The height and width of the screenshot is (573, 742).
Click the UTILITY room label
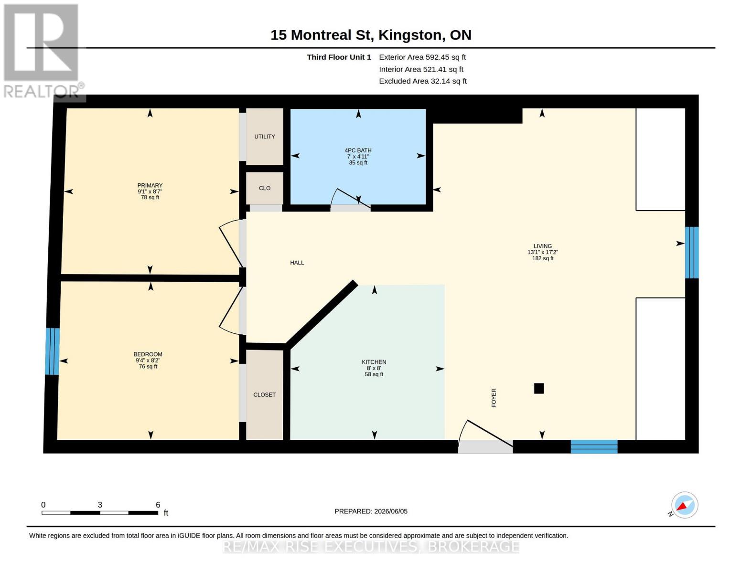pos(264,137)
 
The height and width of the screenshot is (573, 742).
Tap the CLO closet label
pos(265,188)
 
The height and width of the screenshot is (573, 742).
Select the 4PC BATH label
pos(358,150)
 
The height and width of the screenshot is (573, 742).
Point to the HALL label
pos(297,263)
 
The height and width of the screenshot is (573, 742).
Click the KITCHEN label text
pos(374,362)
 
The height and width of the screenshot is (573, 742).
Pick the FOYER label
pos(494,398)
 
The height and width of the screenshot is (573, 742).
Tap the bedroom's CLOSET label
pos(264,394)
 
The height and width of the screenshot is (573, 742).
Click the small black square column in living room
pos(538,388)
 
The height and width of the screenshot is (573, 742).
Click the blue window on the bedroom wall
pos(52,351)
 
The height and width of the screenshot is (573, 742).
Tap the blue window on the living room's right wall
pos(692,253)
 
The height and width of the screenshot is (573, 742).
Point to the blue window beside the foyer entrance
pos(594,446)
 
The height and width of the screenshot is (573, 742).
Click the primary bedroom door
pos(231,243)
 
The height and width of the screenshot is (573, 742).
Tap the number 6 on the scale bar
pos(158,505)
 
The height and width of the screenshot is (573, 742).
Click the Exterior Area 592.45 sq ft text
pos(422,57)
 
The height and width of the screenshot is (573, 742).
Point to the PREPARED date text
pos(371,511)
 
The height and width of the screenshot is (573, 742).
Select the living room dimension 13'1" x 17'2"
pos(543,252)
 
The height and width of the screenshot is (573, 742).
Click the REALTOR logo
pos(43,51)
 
